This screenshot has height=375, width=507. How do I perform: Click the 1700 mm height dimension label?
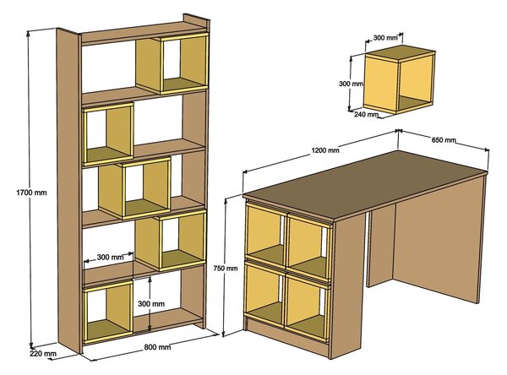[31, 193]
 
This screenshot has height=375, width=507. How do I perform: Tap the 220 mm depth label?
[43, 354]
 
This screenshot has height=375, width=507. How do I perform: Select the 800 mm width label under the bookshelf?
[157, 347]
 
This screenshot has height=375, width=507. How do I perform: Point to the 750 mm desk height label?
[226, 268]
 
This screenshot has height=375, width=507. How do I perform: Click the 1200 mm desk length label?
[325, 150]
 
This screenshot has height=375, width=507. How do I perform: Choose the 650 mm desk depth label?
[444, 140]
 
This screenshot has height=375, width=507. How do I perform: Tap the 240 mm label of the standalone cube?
[366, 114]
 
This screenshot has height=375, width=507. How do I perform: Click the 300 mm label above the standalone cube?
[385, 38]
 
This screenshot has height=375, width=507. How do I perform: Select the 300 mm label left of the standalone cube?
[352, 84]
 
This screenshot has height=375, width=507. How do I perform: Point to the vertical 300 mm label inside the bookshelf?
[151, 303]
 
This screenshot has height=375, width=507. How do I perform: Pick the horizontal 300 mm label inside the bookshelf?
[110, 258]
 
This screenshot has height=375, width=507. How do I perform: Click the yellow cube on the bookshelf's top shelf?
[172, 63]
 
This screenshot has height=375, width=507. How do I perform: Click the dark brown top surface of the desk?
[365, 185]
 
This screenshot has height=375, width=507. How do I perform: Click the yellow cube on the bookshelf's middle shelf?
[135, 188]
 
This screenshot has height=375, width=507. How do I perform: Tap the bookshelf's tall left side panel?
[69, 191]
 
